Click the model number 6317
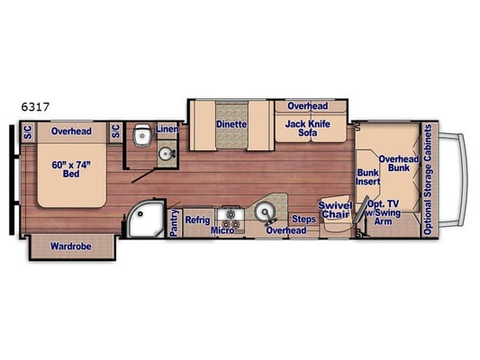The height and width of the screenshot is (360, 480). click(x=35, y=107)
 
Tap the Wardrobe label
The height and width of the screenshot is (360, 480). click(x=71, y=247)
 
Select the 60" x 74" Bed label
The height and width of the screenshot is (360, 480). click(x=71, y=169)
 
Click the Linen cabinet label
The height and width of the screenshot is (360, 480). click(x=167, y=129)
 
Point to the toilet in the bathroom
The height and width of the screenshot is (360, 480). click(x=140, y=135)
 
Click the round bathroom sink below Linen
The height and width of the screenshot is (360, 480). click(x=167, y=153)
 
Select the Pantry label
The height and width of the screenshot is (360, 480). click(x=174, y=222)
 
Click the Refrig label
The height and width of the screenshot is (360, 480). click(x=197, y=220)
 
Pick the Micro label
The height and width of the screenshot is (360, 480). click(x=222, y=230)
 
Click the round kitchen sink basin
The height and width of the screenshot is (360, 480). click(x=263, y=211)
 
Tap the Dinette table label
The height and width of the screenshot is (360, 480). click(x=231, y=124)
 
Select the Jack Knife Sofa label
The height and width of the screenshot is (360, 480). click(x=308, y=128)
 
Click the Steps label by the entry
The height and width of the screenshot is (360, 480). click(x=303, y=219)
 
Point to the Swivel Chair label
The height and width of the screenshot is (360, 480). click(x=335, y=210)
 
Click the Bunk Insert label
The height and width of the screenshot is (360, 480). click(x=367, y=176)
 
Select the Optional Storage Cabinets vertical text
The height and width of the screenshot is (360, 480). click(x=428, y=180)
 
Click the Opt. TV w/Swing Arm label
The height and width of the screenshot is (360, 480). click(x=383, y=212)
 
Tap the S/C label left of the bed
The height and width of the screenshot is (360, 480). click(x=28, y=132)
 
